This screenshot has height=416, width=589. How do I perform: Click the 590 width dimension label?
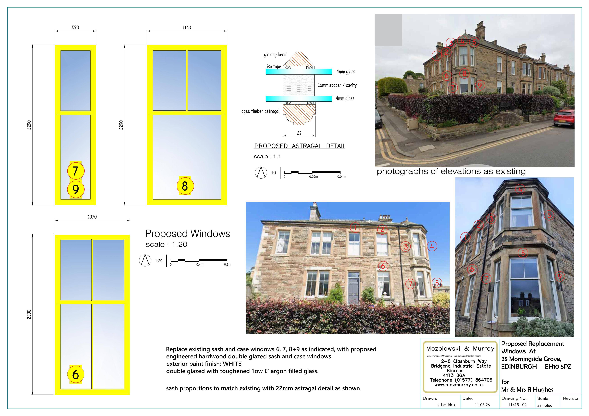point(75,27)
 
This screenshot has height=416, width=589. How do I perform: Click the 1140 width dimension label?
point(187,27)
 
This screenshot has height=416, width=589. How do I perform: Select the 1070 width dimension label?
point(92,217)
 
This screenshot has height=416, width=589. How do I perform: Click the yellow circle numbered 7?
point(76,171)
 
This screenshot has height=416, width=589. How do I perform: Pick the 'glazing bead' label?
point(275,55)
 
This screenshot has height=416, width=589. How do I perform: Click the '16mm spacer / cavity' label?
point(337,85)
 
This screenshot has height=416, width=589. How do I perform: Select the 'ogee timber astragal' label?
point(260,111)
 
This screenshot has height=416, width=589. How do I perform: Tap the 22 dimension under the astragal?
point(299,133)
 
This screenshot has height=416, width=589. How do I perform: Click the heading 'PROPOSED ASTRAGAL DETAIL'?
point(300,146)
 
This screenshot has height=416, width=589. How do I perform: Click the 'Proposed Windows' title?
point(188,234)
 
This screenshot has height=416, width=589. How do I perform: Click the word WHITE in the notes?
point(232,364)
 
